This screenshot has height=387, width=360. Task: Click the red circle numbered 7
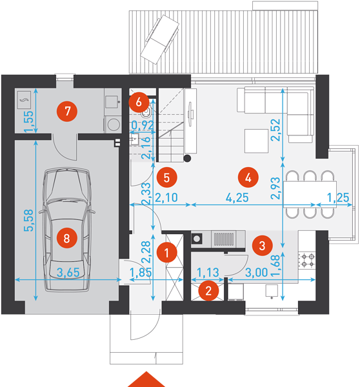[x=67, y=111]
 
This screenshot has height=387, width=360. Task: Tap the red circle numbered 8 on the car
[x=66, y=238]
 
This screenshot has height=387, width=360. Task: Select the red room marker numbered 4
[x=248, y=177]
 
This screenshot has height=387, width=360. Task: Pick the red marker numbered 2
[x=208, y=291]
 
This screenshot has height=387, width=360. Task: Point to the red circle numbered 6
[x=139, y=102]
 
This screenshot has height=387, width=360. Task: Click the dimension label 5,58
[x=28, y=221]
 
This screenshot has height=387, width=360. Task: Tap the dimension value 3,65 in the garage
[x=68, y=272]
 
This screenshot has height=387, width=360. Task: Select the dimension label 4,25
[x=237, y=197]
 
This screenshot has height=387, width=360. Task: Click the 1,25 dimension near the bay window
[x=338, y=197]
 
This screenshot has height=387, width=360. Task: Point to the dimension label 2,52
[x=275, y=130]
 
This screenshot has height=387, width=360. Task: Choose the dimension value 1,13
[x=208, y=272]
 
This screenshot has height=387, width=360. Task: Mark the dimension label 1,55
[x=28, y=121]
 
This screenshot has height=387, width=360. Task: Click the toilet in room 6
[x=146, y=112]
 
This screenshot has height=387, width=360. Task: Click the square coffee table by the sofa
[x=256, y=141]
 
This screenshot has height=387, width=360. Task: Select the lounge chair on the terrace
[x=160, y=39]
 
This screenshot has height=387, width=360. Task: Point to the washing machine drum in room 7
[x=114, y=124]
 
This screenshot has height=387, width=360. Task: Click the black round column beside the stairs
[x=187, y=158]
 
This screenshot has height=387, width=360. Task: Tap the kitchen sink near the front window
[x=272, y=291]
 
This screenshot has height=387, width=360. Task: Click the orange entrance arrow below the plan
[x=146, y=379]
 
